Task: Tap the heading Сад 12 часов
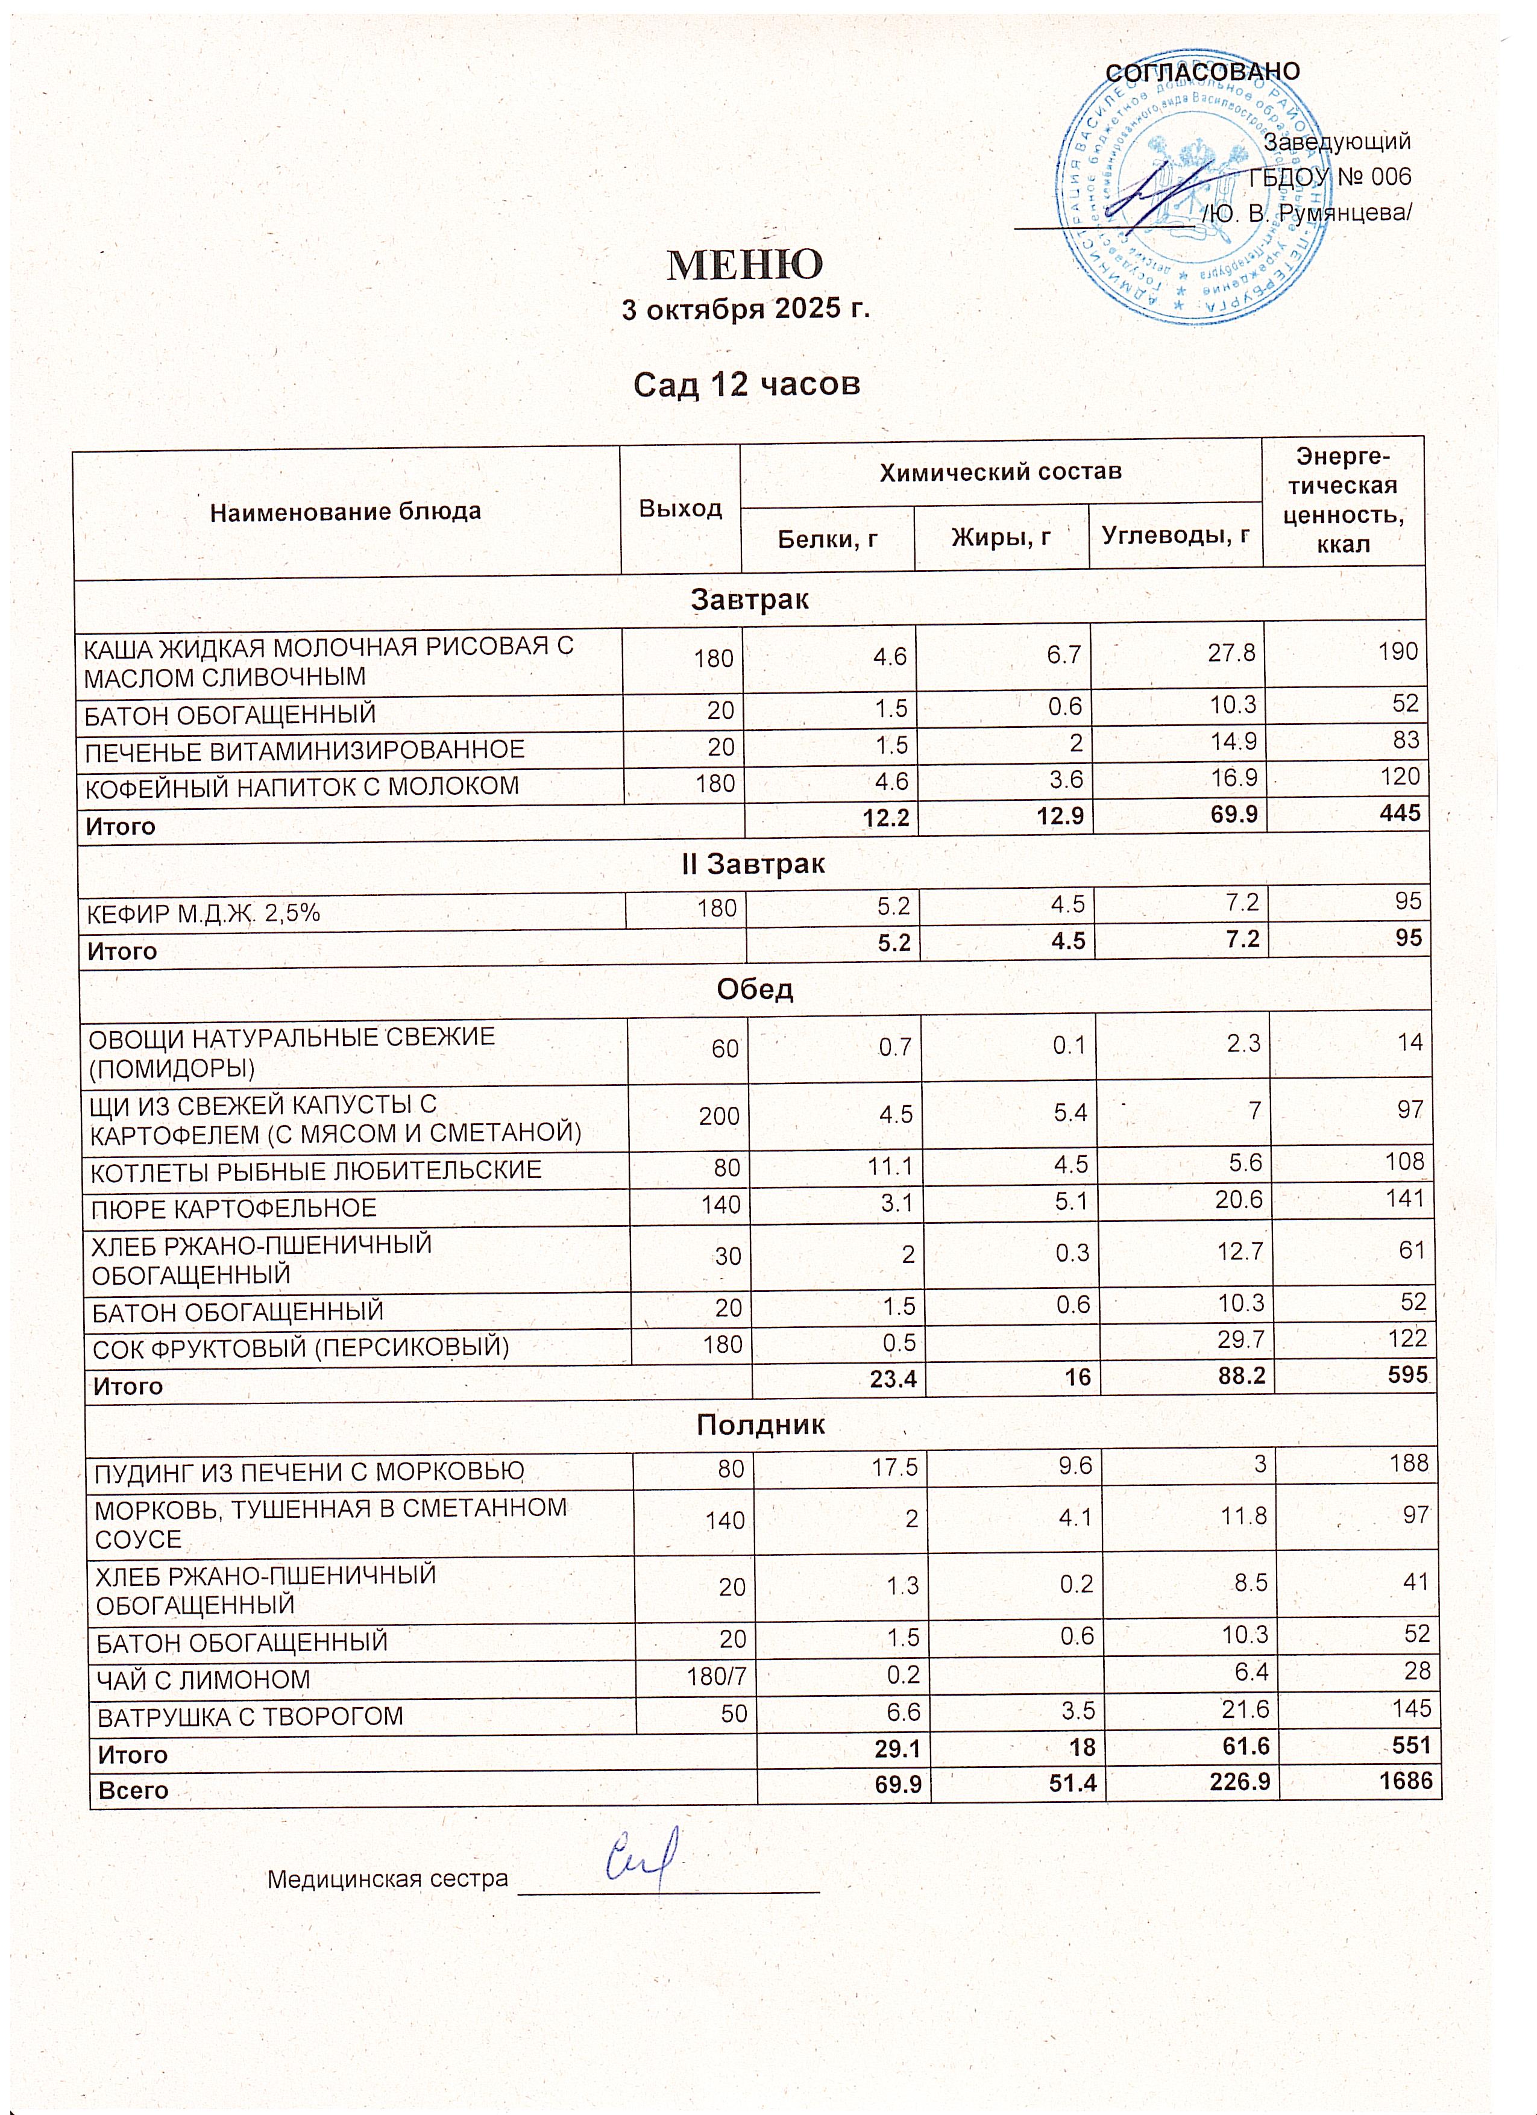point(746,383)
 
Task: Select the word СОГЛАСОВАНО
point(1202,72)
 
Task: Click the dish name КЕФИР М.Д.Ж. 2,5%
point(203,913)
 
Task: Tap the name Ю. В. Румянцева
point(1307,213)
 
